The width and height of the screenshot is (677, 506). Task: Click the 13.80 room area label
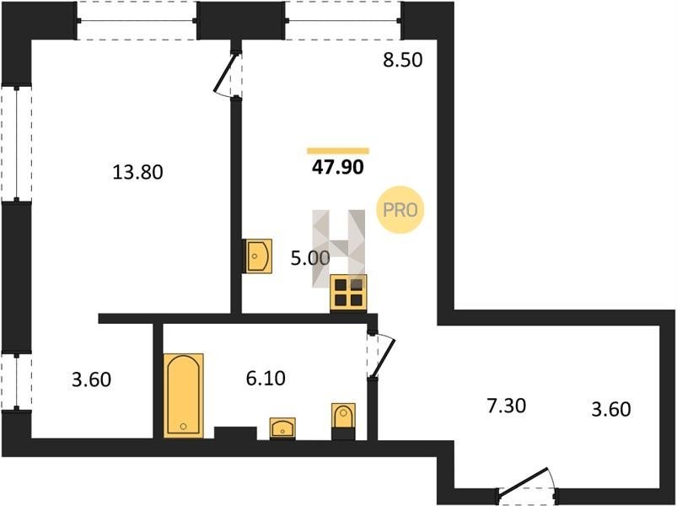tap(137, 172)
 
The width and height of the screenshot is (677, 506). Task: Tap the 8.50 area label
tap(402, 60)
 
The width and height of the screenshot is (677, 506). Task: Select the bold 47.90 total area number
tap(337, 167)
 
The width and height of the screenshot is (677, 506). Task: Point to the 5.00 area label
tap(310, 258)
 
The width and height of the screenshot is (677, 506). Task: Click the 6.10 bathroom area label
tap(266, 378)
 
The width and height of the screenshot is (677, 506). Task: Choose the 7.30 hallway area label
tap(506, 406)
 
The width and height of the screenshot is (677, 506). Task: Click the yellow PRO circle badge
tap(400, 210)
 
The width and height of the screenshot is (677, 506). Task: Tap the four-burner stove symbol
tap(348, 293)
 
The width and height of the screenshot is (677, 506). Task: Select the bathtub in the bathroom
tap(184, 396)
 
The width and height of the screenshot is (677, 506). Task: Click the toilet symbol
tap(343, 421)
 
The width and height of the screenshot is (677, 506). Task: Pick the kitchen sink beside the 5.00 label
tap(259, 256)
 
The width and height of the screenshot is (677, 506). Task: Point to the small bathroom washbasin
tap(282, 428)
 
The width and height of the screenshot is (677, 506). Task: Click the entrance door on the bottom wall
tap(527, 486)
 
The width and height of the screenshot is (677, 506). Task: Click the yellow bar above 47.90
tap(338, 151)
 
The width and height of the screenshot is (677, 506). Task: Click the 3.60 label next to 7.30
tap(611, 408)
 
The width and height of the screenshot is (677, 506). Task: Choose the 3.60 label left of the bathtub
tap(92, 379)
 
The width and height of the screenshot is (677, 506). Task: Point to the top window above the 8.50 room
tap(343, 20)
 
